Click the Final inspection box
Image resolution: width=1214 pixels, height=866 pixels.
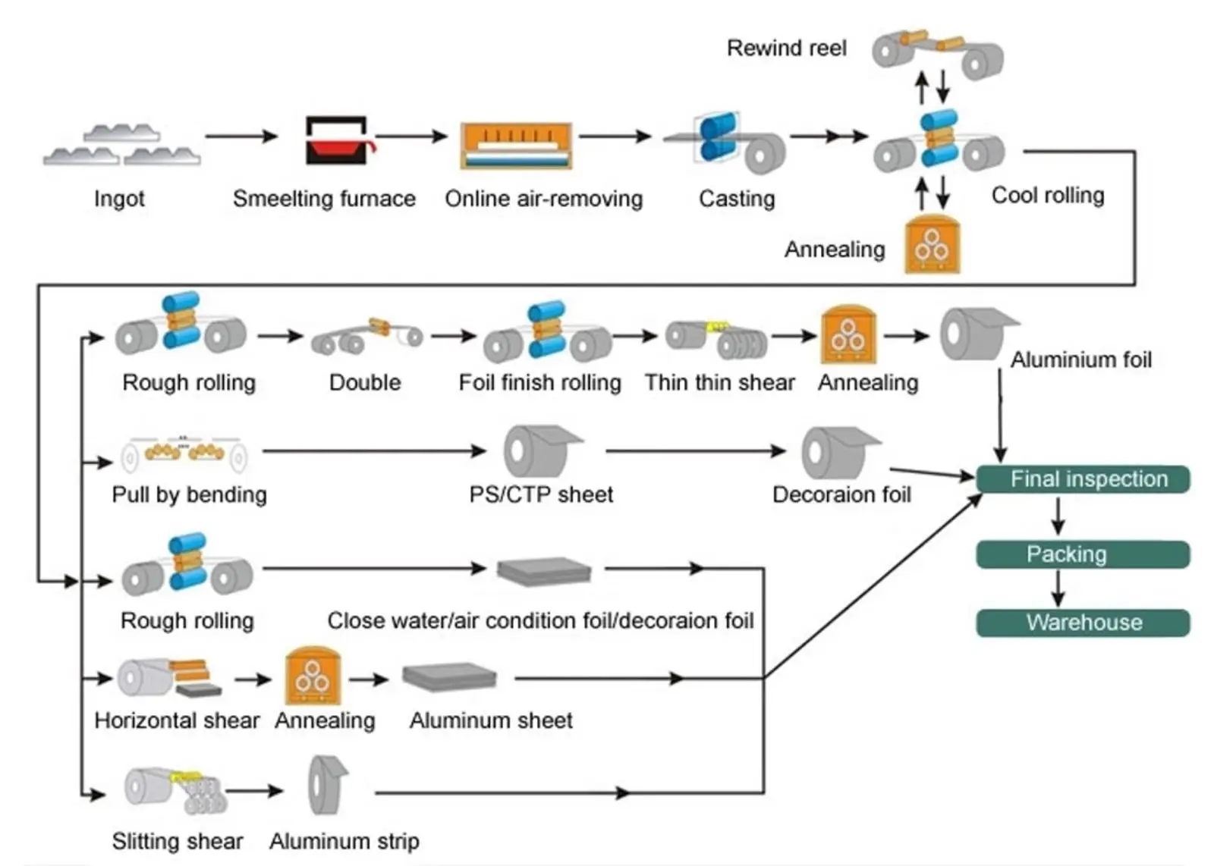tap(1083, 478)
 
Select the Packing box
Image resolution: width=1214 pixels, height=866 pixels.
tap(1083, 554)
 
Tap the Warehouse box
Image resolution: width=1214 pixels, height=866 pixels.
tap(1083, 623)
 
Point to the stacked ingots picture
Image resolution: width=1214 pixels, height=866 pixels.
tap(122, 144)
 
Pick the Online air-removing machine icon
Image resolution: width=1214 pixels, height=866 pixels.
tap(516, 145)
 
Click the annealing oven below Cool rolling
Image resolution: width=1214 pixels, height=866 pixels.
tap(933, 243)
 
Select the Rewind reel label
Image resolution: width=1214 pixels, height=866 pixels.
tap(786, 49)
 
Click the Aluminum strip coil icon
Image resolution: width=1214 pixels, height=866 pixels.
tap(328, 785)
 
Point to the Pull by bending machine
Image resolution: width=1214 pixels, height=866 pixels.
tap(184, 453)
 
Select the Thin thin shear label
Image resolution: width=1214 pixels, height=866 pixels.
tap(720, 382)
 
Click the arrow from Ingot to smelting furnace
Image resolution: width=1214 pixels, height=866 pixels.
tap(242, 136)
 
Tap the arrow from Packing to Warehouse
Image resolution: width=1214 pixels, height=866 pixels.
tap(1058, 588)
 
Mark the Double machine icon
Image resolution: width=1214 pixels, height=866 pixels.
tap(367, 337)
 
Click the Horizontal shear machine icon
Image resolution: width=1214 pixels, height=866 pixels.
tap(170, 677)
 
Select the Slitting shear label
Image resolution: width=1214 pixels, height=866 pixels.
tap(178, 841)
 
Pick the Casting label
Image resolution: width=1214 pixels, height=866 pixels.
tap(737, 199)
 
